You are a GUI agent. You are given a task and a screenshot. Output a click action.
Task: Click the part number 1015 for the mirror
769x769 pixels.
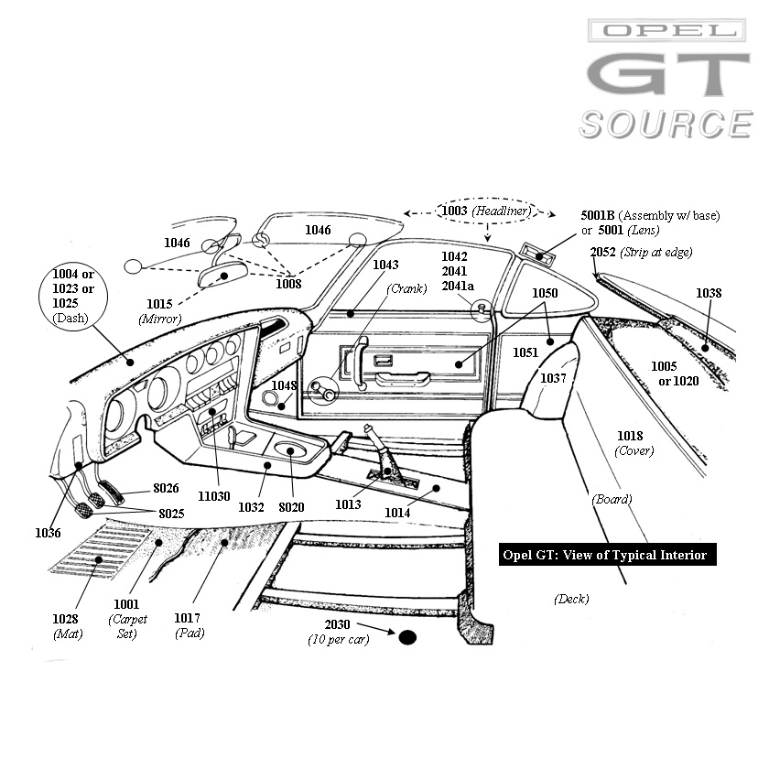(160, 303)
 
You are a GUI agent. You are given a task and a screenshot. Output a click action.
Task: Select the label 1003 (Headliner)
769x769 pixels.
(484, 211)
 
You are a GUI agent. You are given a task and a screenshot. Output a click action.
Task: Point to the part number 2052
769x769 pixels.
(602, 252)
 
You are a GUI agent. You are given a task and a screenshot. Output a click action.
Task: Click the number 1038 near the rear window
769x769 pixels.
(709, 293)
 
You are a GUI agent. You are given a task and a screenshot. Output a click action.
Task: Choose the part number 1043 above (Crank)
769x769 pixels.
(385, 265)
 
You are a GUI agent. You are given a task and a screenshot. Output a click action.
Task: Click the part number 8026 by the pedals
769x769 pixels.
(166, 488)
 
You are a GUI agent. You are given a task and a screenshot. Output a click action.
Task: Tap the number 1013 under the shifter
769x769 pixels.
(347, 504)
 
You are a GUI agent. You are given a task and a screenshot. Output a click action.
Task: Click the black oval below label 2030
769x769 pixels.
(407, 637)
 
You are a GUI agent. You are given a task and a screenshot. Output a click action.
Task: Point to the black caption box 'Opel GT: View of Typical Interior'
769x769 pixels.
(605, 555)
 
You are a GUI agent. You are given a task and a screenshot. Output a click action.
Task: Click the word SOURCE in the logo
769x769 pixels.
(666, 124)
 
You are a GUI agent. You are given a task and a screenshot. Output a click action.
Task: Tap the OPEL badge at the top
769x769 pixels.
(666, 31)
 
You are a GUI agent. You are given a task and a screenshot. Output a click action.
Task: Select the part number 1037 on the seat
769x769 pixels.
(553, 377)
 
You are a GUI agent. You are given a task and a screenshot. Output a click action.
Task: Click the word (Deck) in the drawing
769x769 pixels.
(570, 599)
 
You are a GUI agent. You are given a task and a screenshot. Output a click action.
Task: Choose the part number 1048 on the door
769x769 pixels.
(284, 384)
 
